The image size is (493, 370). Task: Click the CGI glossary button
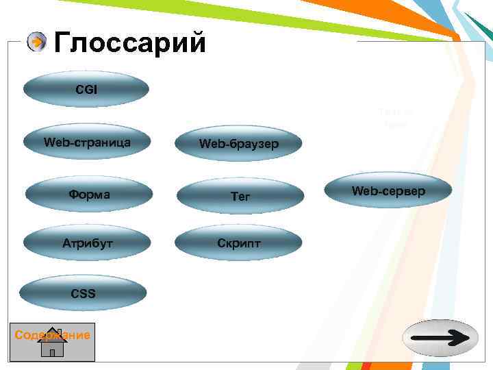tap(86, 89)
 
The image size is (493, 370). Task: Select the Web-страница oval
tap(86, 143)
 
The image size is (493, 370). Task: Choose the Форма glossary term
tap(89, 195)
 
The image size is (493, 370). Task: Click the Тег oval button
tap(240, 196)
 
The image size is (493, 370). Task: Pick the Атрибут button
tap(88, 243)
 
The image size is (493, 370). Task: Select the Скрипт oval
tap(238, 244)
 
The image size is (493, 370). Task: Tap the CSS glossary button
tap(83, 294)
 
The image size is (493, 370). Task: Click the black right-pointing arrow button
tap(439, 338)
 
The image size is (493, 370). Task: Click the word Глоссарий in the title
tap(129, 42)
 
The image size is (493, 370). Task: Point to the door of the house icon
tap(52, 352)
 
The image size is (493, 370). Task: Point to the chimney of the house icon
tap(59, 333)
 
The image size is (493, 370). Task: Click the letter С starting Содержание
tap(18, 335)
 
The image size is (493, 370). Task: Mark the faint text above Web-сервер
tap(394, 119)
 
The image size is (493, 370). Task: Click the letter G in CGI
tap(86, 89)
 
